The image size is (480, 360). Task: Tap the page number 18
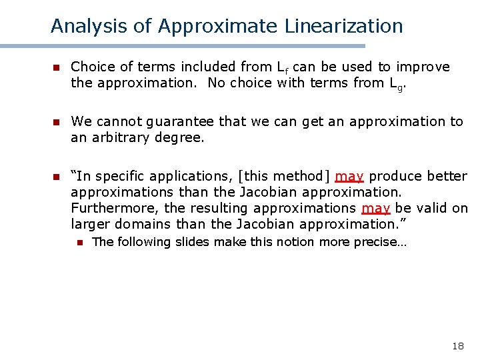coord(457,346)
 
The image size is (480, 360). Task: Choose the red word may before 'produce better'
coord(349,177)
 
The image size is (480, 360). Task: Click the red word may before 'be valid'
coord(375,209)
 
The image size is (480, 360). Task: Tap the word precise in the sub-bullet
coord(377,242)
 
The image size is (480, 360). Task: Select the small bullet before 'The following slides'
coord(79,243)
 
